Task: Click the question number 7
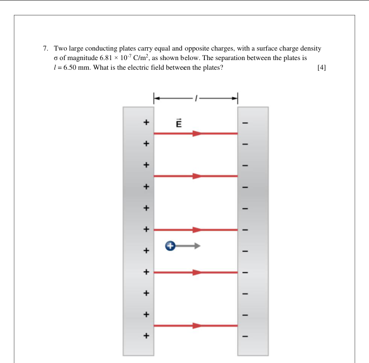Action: click(46, 48)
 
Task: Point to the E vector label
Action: click(179, 123)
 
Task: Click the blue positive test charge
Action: click(170, 246)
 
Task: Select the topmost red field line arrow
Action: click(196, 133)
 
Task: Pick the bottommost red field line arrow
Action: click(196, 326)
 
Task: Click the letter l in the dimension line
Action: click(195, 97)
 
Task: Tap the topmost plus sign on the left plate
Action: click(146, 123)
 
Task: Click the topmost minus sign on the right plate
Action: click(245, 123)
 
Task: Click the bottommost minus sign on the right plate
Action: click(245, 336)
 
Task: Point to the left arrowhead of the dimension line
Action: click(157, 97)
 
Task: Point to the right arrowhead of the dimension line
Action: click(235, 97)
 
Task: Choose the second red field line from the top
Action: click(196, 176)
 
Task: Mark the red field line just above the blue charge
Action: click(196, 230)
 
